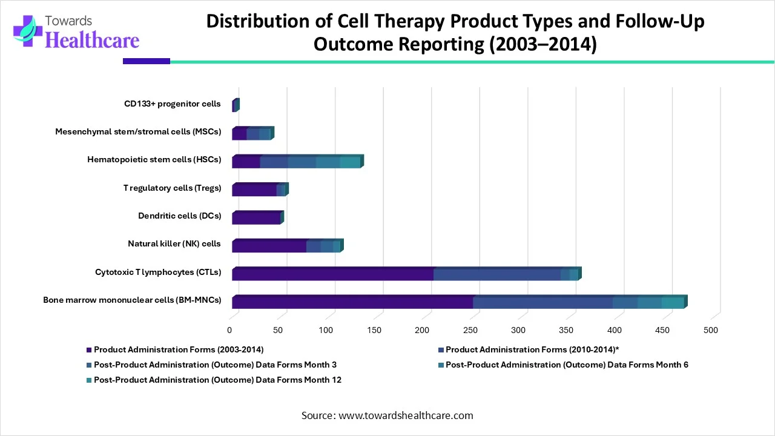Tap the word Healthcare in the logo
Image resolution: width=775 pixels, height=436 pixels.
[x=92, y=40]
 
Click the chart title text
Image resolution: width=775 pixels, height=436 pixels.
[x=455, y=33]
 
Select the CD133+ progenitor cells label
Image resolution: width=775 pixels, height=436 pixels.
[x=173, y=104]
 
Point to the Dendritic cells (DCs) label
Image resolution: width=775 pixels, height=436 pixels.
[x=179, y=216]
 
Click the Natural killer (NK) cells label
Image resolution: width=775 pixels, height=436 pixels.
[x=174, y=243]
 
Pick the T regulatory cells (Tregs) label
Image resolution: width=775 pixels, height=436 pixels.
[x=172, y=188]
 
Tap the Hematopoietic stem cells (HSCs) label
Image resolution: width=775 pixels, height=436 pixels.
[x=154, y=160]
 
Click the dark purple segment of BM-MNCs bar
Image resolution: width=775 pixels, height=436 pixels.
[x=352, y=302]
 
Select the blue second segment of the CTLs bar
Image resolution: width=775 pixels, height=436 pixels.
[x=496, y=274]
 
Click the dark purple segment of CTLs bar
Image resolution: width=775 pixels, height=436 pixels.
[x=332, y=274]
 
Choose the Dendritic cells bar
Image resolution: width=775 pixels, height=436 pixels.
[x=256, y=218]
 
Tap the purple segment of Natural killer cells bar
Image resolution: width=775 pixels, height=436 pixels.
[x=269, y=246]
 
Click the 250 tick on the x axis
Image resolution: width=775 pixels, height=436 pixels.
[x=470, y=330]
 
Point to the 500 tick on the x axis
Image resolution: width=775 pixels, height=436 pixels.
[x=711, y=330]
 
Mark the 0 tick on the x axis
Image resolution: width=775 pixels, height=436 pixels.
[x=229, y=330]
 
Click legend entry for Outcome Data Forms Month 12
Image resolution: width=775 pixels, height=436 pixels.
[x=217, y=380]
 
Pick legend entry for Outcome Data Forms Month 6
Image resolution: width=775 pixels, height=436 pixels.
[x=567, y=365]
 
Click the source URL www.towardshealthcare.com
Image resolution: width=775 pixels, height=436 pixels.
[x=406, y=415]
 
